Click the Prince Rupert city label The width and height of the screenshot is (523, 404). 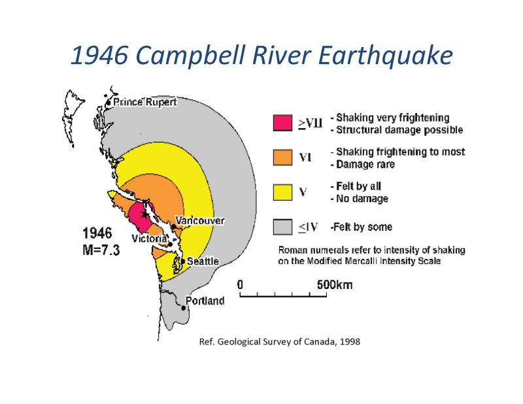(x=145, y=102)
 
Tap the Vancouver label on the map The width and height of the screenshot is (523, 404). (x=200, y=220)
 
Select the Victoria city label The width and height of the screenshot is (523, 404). (x=149, y=239)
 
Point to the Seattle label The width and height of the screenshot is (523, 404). (x=203, y=261)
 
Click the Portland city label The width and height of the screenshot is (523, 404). (x=205, y=301)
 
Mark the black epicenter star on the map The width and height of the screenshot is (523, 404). (x=144, y=213)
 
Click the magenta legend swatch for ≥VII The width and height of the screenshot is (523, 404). (x=282, y=123)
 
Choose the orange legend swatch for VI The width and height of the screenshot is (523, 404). (x=282, y=157)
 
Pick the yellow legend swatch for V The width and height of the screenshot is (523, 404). (x=282, y=192)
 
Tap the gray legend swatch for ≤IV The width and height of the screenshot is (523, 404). (x=282, y=227)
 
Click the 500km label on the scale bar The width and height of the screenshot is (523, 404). (x=335, y=285)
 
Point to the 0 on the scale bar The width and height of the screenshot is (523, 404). (x=240, y=285)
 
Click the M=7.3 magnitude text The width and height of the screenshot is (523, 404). (x=101, y=250)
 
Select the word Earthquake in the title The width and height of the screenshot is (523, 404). (x=385, y=56)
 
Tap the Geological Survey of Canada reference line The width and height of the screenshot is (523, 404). (x=280, y=342)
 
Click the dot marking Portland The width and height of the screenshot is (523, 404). (x=183, y=308)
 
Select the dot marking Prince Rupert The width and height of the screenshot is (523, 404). (x=108, y=103)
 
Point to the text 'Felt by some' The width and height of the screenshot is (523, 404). (x=363, y=227)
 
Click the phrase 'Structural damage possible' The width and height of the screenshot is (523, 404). (x=399, y=130)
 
